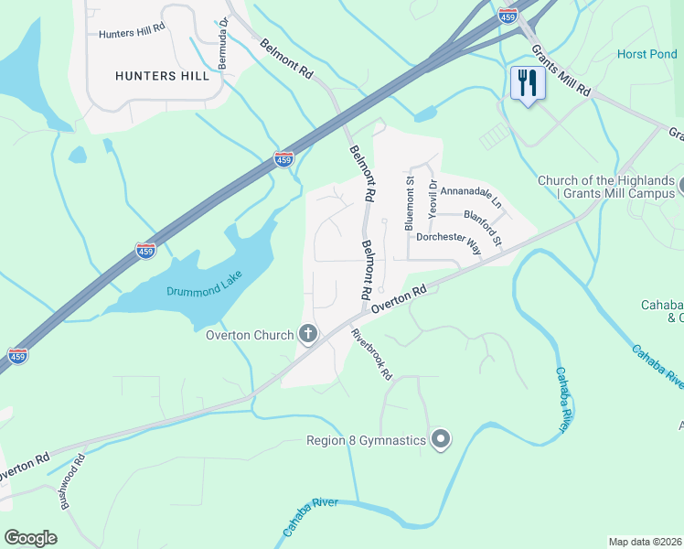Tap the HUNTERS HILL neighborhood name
tap(162, 76)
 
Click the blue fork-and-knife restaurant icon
tap(528, 84)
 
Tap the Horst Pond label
tap(647, 54)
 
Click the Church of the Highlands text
tap(605, 180)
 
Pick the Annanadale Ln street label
tap(471, 195)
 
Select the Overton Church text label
tap(249, 334)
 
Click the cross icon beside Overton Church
tap(308, 334)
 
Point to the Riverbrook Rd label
tap(372, 354)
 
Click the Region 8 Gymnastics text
tap(366, 440)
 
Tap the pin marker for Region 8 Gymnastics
tap(441, 440)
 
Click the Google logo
tap(31, 538)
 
